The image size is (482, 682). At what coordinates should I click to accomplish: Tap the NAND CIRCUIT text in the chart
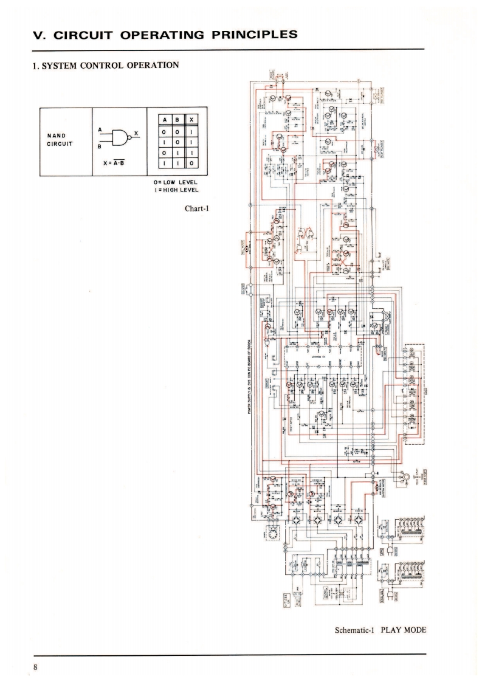(60, 139)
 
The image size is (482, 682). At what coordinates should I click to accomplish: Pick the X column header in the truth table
(191, 120)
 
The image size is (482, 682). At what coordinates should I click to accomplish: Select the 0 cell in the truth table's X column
(191, 164)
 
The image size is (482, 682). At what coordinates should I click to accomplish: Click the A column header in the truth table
(163, 120)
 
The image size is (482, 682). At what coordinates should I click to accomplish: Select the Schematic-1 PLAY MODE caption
(380, 630)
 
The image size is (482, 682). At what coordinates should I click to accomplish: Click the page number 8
(36, 667)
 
